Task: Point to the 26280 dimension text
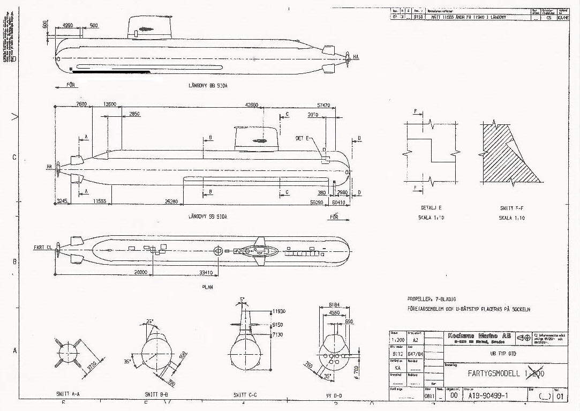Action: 171,202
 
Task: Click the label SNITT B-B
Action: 156,394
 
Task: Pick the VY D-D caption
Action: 330,394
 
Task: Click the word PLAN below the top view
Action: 207,287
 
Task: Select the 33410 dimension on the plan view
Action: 206,272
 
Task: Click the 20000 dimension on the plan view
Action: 140,272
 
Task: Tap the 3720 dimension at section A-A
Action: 92,365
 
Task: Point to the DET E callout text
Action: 303,138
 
